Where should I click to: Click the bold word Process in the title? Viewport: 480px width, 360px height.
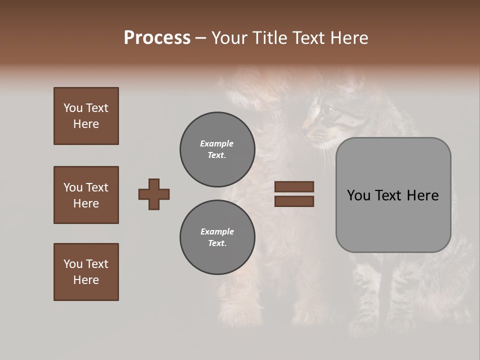(x=157, y=38)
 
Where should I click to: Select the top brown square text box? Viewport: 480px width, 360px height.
(x=86, y=116)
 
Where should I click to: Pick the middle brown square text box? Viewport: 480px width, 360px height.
(x=86, y=195)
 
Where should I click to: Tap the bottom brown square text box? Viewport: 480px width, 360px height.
(x=86, y=272)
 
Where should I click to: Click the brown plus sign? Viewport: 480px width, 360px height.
(x=154, y=194)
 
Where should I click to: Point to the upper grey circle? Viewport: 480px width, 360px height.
(x=217, y=149)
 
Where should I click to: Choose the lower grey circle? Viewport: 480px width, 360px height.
(x=217, y=237)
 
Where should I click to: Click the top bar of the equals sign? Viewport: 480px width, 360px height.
(x=294, y=186)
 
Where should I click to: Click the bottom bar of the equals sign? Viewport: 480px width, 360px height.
(x=294, y=201)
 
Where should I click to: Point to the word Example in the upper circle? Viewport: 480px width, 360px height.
(x=217, y=143)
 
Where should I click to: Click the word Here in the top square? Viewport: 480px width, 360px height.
(x=86, y=124)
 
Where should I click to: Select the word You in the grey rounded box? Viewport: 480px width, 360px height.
(x=359, y=195)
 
